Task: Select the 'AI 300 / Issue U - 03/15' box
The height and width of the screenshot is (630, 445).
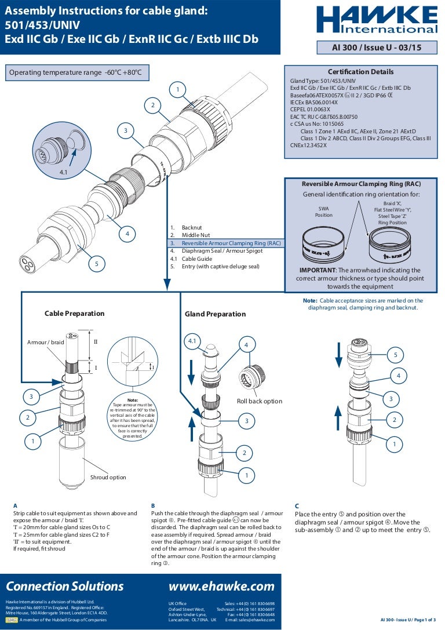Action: (x=377, y=48)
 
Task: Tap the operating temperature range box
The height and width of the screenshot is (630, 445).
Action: (x=76, y=72)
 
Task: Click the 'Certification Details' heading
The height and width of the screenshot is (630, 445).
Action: (x=360, y=72)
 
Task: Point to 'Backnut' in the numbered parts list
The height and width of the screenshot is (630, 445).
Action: (x=192, y=228)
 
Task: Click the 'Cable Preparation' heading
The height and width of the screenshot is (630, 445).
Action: (x=75, y=314)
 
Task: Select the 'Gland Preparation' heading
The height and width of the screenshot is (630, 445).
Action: (x=215, y=314)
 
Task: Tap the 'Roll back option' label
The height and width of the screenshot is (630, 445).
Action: (x=260, y=401)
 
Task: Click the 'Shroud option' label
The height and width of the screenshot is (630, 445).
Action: (x=108, y=478)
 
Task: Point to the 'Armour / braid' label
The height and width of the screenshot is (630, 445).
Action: (x=45, y=343)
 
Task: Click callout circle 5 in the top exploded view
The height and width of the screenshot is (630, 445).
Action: (x=97, y=264)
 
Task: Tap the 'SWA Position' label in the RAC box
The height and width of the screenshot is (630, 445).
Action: (x=324, y=212)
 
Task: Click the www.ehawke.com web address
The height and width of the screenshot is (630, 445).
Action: (x=221, y=586)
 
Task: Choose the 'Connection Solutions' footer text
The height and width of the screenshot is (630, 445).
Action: (x=65, y=586)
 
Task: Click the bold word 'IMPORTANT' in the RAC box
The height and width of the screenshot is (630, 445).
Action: (x=318, y=271)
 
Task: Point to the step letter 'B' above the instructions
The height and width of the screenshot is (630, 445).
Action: (x=153, y=505)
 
